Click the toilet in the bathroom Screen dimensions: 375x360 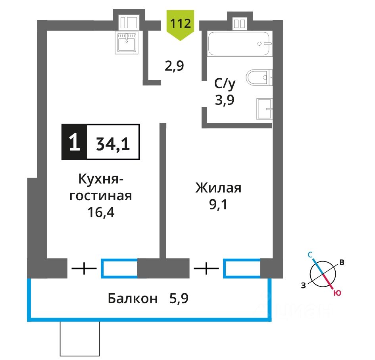[x=259, y=77]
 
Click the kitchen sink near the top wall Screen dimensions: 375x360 [x=127, y=42]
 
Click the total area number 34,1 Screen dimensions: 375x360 [x=113, y=142]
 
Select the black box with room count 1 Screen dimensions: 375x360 [x=73, y=142]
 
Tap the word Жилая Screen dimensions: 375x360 [x=218, y=188]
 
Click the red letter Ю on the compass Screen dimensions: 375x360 [x=337, y=293]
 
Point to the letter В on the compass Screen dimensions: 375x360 [x=341, y=262]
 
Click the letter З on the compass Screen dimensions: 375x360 [x=304, y=284]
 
